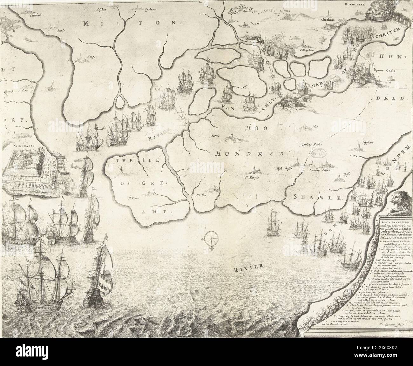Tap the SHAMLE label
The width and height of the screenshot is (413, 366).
tap(319, 197)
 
